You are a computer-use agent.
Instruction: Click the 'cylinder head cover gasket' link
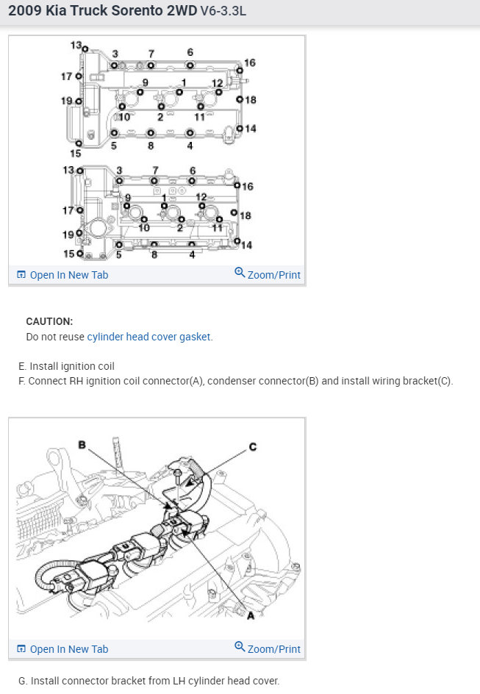click(x=149, y=337)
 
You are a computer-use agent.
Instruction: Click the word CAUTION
click(x=49, y=321)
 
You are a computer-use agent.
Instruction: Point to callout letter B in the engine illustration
click(x=83, y=444)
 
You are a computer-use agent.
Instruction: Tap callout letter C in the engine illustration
click(x=253, y=447)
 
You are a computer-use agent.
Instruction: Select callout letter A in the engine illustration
click(x=250, y=615)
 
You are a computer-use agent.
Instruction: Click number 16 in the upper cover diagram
click(x=249, y=63)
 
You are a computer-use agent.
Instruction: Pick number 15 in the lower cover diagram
click(x=69, y=254)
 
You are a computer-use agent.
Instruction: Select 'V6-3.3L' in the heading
click(x=225, y=13)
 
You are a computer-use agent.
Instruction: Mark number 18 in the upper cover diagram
click(x=250, y=99)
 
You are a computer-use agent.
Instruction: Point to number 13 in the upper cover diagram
click(x=76, y=46)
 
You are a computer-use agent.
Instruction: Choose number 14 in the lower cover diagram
click(x=246, y=245)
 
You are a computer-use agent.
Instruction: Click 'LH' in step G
click(x=173, y=681)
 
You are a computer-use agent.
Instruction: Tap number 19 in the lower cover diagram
click(x=68, y=235)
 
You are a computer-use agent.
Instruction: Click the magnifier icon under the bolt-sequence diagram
click(x=240, y=273)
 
